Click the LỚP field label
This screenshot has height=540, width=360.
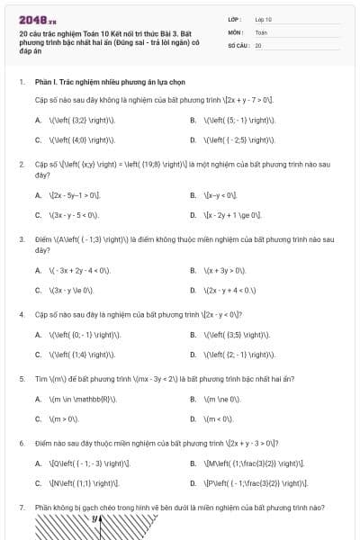click(x=234, y=19)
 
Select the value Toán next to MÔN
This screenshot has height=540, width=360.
click(x=261, y=31)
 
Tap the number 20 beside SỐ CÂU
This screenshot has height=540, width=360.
click(x=258, y=44)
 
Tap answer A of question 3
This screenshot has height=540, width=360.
click(x=73, y=270)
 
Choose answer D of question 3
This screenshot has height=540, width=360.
click(x=225, y=291)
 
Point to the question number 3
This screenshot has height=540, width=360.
click(x=21, y=240)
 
